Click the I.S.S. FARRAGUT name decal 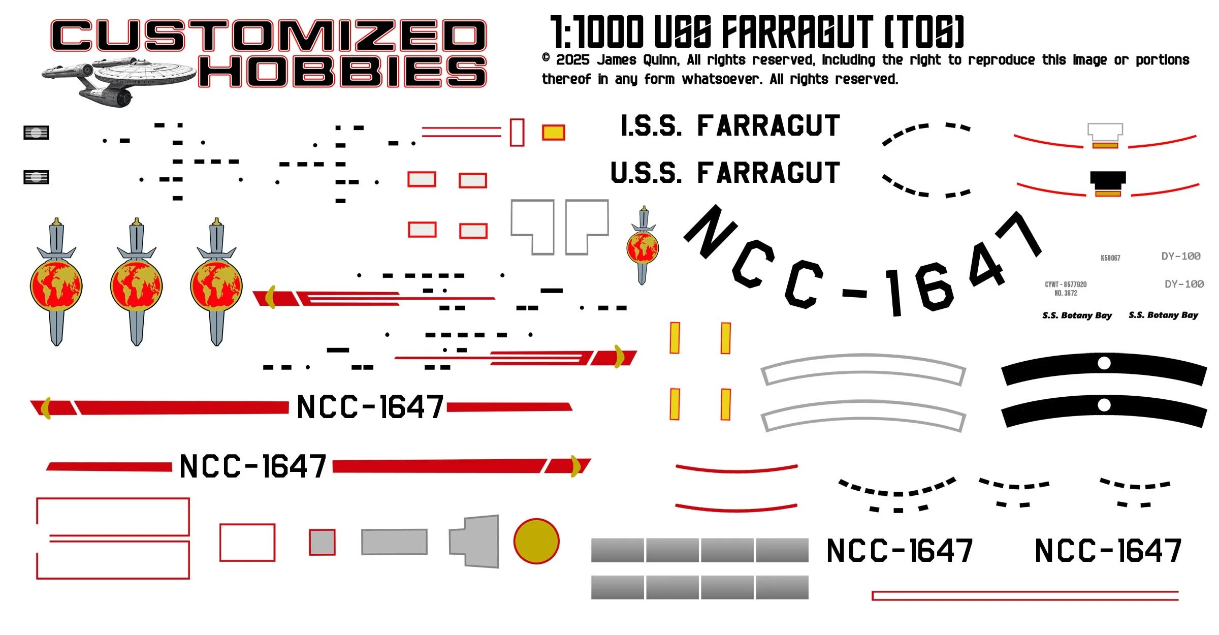coord(730,126)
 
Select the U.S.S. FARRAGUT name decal coord(725,173)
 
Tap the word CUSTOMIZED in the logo coord(268,36)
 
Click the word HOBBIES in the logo coord(343,71)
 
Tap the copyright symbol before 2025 coord(546,58)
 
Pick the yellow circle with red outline coord(536,541)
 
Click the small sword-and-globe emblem coord(643,246)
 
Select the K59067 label coord(1110,258)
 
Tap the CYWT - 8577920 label coord(1066,284)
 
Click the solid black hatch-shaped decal coord(1108,178)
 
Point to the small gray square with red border coord(323,543)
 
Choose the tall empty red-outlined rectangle coord(517,133)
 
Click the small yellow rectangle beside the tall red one coord(553,133)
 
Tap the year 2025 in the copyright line coord(572,60)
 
